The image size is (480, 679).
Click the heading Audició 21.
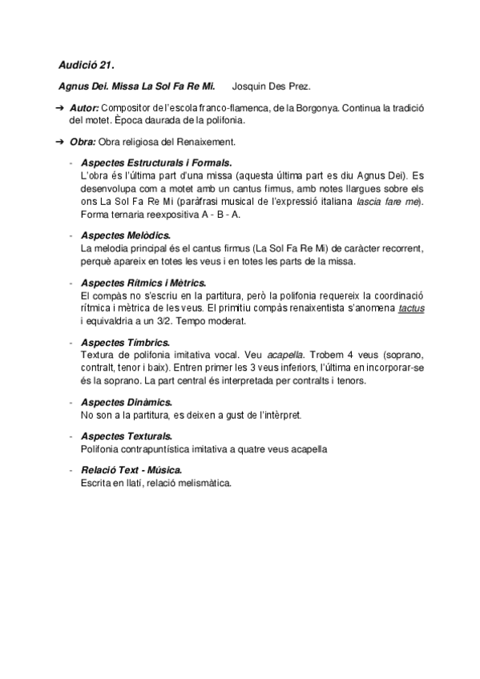81,63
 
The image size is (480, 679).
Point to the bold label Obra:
83,143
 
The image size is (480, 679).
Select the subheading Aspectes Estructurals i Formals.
156,163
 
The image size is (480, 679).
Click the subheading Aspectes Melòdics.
125,237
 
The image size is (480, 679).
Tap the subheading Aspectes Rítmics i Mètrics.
143,283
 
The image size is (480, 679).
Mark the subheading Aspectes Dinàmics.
127,401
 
